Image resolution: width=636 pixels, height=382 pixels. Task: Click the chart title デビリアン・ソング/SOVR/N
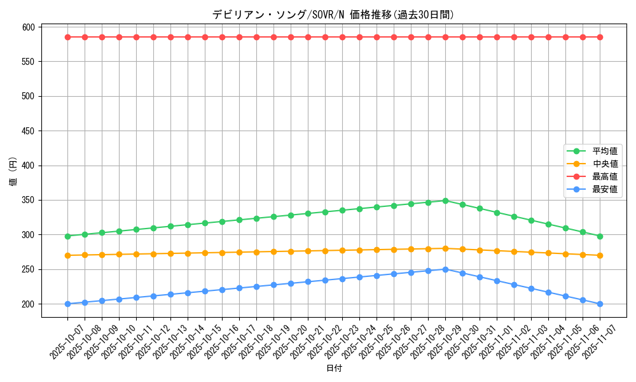333,15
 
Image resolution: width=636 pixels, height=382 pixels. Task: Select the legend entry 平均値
604,152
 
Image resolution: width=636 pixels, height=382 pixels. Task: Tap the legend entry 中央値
604,164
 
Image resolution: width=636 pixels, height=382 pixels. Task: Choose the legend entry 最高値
604,176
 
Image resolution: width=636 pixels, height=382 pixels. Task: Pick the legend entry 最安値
604,189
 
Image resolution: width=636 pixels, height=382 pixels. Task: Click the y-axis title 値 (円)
13,171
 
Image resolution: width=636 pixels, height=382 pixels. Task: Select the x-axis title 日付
333,369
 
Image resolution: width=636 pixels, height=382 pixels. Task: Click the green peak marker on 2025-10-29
445,201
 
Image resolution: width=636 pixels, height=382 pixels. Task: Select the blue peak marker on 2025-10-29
445,269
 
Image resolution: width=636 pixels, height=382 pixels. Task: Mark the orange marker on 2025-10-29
445,248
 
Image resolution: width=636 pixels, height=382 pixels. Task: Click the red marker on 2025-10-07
67,37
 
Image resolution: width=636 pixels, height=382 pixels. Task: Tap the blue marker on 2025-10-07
67,304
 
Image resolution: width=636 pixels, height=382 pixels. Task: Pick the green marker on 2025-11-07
600,236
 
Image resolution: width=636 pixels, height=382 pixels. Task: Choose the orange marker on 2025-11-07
600,255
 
